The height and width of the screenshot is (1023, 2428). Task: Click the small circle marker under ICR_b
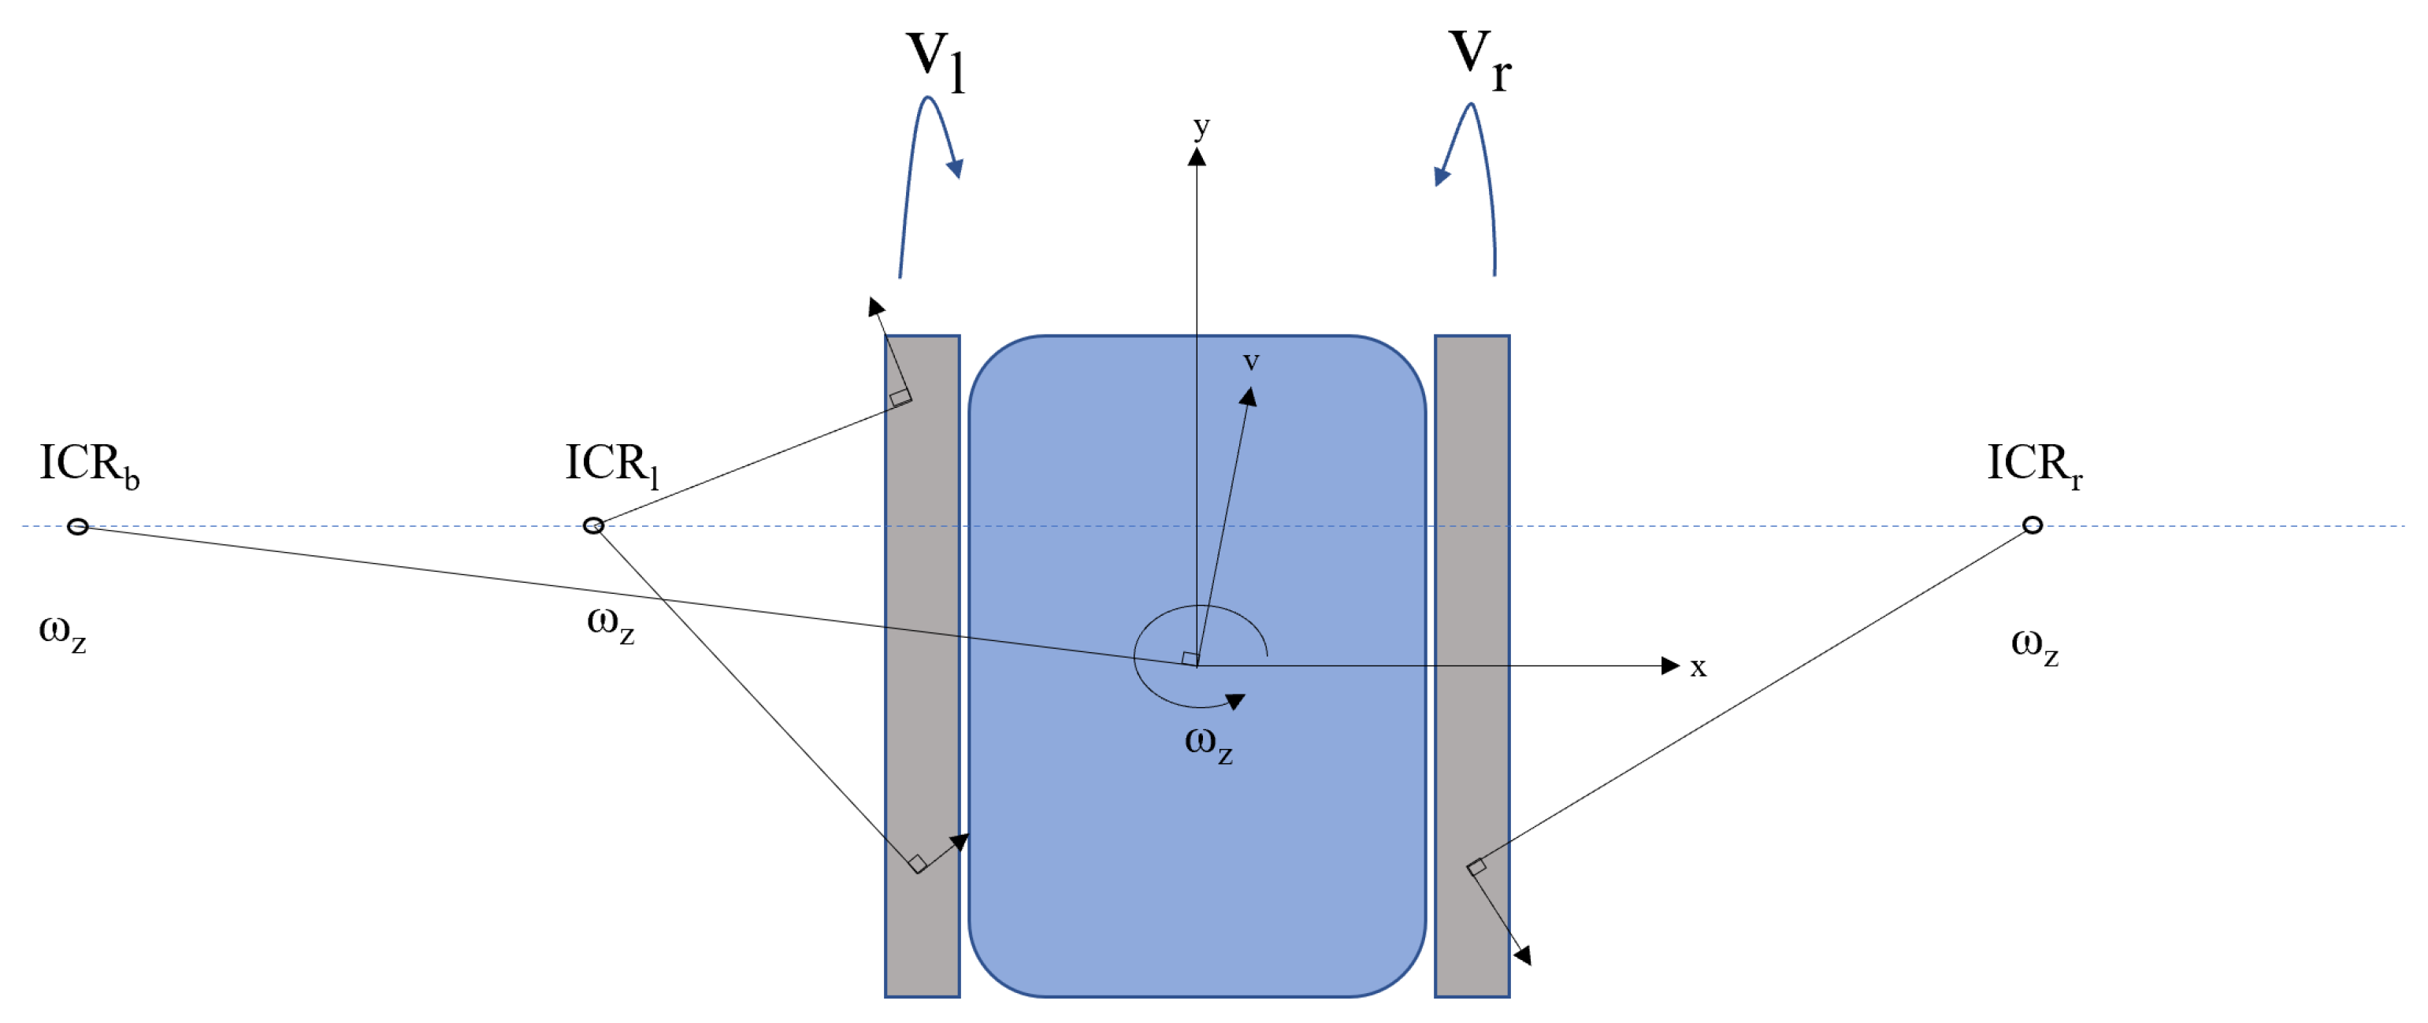click(78, 525)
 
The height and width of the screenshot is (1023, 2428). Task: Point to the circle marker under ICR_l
click(593, 524)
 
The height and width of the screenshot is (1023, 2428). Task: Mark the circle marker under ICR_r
click(2033, 524)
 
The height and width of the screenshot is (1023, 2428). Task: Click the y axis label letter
click(1201, 126)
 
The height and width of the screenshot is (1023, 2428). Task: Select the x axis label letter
click(1698, 667)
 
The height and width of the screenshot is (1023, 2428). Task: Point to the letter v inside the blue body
click(1251, 361)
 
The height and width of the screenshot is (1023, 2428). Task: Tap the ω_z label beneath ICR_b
click(62, 631)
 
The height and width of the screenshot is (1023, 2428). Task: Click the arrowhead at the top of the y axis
click(1197, 157)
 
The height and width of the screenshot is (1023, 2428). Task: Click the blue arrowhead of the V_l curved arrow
click(956, 169)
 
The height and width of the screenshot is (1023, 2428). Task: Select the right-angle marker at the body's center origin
click(1190, 658)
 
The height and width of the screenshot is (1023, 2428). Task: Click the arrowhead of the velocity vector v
click(1248, 398)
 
